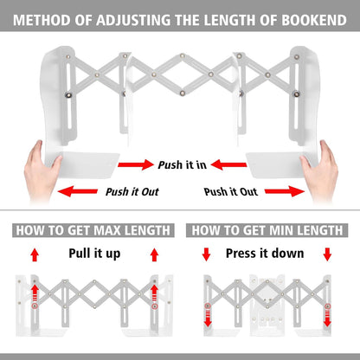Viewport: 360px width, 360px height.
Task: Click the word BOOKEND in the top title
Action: click(314, 20)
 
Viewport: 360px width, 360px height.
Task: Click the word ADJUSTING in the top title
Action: click(133, 20)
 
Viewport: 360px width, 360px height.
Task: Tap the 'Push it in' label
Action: click(183, 164)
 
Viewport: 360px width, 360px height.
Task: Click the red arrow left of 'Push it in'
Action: click(136, 164)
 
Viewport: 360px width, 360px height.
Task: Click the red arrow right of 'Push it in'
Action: click(228, 164)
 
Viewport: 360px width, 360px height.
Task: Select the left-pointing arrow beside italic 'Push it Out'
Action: click(78, 191)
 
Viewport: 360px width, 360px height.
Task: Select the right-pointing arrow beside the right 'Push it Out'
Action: click(285, 191)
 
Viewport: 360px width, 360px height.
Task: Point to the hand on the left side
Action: click(42, 170)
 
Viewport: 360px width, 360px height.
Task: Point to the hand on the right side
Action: click(318, 170)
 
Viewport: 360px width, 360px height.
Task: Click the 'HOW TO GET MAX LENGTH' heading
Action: click(93, 230)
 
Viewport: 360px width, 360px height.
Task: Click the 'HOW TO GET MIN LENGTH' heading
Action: click(267, 230)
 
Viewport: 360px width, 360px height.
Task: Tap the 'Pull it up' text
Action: click(94, 254)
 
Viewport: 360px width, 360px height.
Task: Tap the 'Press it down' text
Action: click(265, 254)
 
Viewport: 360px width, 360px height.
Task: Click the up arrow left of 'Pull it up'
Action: click(35, 254)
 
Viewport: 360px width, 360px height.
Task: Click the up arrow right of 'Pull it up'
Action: click(155, 254)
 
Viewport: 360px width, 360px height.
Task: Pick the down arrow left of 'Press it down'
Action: click(206, 254)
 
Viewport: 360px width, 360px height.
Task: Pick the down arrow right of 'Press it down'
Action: click(327, 254)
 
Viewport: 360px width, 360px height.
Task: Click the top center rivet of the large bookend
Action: click(182, 55)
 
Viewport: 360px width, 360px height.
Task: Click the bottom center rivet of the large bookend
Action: click(183, 93)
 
